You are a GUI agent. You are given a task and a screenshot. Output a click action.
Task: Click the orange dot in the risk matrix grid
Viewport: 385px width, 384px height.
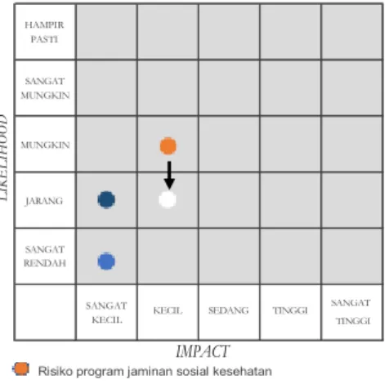coord(168,146)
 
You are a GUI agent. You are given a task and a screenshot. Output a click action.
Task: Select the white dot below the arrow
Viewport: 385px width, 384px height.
coord(168,199)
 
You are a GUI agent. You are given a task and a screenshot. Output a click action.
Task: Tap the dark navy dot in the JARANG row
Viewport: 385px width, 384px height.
coord(106,200)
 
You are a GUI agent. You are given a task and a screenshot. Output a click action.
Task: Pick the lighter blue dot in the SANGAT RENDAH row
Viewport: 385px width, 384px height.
coord(106,261)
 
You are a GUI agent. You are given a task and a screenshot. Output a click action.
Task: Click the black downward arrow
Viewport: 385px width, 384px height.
coord(169,175)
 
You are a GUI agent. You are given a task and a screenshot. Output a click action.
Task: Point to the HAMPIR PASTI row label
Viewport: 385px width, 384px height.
coord(44,32)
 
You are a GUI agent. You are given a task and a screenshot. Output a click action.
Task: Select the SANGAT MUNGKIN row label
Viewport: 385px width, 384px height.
coord(45,88)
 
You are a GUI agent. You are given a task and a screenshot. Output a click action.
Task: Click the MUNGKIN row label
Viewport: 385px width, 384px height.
coord(45,145)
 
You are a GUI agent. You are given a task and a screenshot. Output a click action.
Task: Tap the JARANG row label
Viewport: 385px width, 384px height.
coord(44,201)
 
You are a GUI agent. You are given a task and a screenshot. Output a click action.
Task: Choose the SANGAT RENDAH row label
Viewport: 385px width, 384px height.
coord(45,257)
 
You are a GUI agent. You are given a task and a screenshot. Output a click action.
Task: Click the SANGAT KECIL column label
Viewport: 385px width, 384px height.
coord(106,313)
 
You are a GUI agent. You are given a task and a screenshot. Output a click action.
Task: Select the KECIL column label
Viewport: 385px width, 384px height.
coord(168,310)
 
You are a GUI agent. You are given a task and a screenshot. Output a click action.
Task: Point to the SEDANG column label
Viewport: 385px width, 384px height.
coord(229,310)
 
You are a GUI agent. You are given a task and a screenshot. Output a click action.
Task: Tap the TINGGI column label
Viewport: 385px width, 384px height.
coord(290,310)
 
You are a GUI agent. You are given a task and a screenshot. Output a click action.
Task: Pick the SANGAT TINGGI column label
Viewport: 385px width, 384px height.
coord(351,312)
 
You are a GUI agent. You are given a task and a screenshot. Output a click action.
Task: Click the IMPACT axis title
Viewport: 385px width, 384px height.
coord(203,351)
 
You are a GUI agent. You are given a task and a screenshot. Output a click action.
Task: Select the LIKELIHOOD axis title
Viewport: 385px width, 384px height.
coord(3,158)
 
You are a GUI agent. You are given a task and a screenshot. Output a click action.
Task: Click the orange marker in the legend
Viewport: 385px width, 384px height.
coord(20,369)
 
